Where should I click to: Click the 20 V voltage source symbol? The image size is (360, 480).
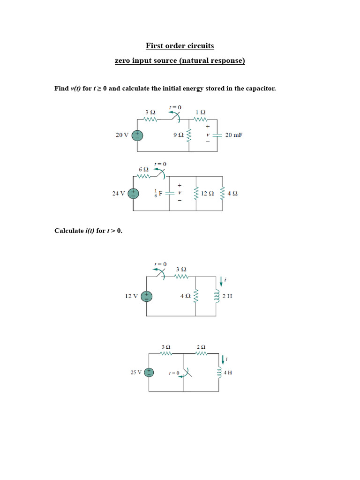(x=137, y=135)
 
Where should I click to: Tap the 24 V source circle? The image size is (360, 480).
(x=134, y=193)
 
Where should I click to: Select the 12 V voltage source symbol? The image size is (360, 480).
(x=146, y=296)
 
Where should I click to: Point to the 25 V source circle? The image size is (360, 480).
(x=149, y=373)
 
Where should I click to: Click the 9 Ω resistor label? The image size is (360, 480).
(x=178, y=135)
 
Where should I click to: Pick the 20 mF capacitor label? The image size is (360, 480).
(x=233, y=135)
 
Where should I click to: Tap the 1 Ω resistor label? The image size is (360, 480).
(x=200, y=112)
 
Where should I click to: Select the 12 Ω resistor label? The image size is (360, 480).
(x=207, y=193)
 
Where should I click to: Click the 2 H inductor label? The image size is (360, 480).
(x=228, y=296)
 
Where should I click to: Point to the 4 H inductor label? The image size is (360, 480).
(x=228, y=373)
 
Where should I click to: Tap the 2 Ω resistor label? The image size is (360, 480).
(x=201, y=347)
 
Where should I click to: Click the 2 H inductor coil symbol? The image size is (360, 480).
(x=217, y=296)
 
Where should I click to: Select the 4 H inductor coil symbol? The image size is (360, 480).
(x=219, y=373)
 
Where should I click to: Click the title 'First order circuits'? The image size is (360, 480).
(x=180, y=46)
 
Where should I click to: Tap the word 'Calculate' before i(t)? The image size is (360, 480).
(x=69, y=231)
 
